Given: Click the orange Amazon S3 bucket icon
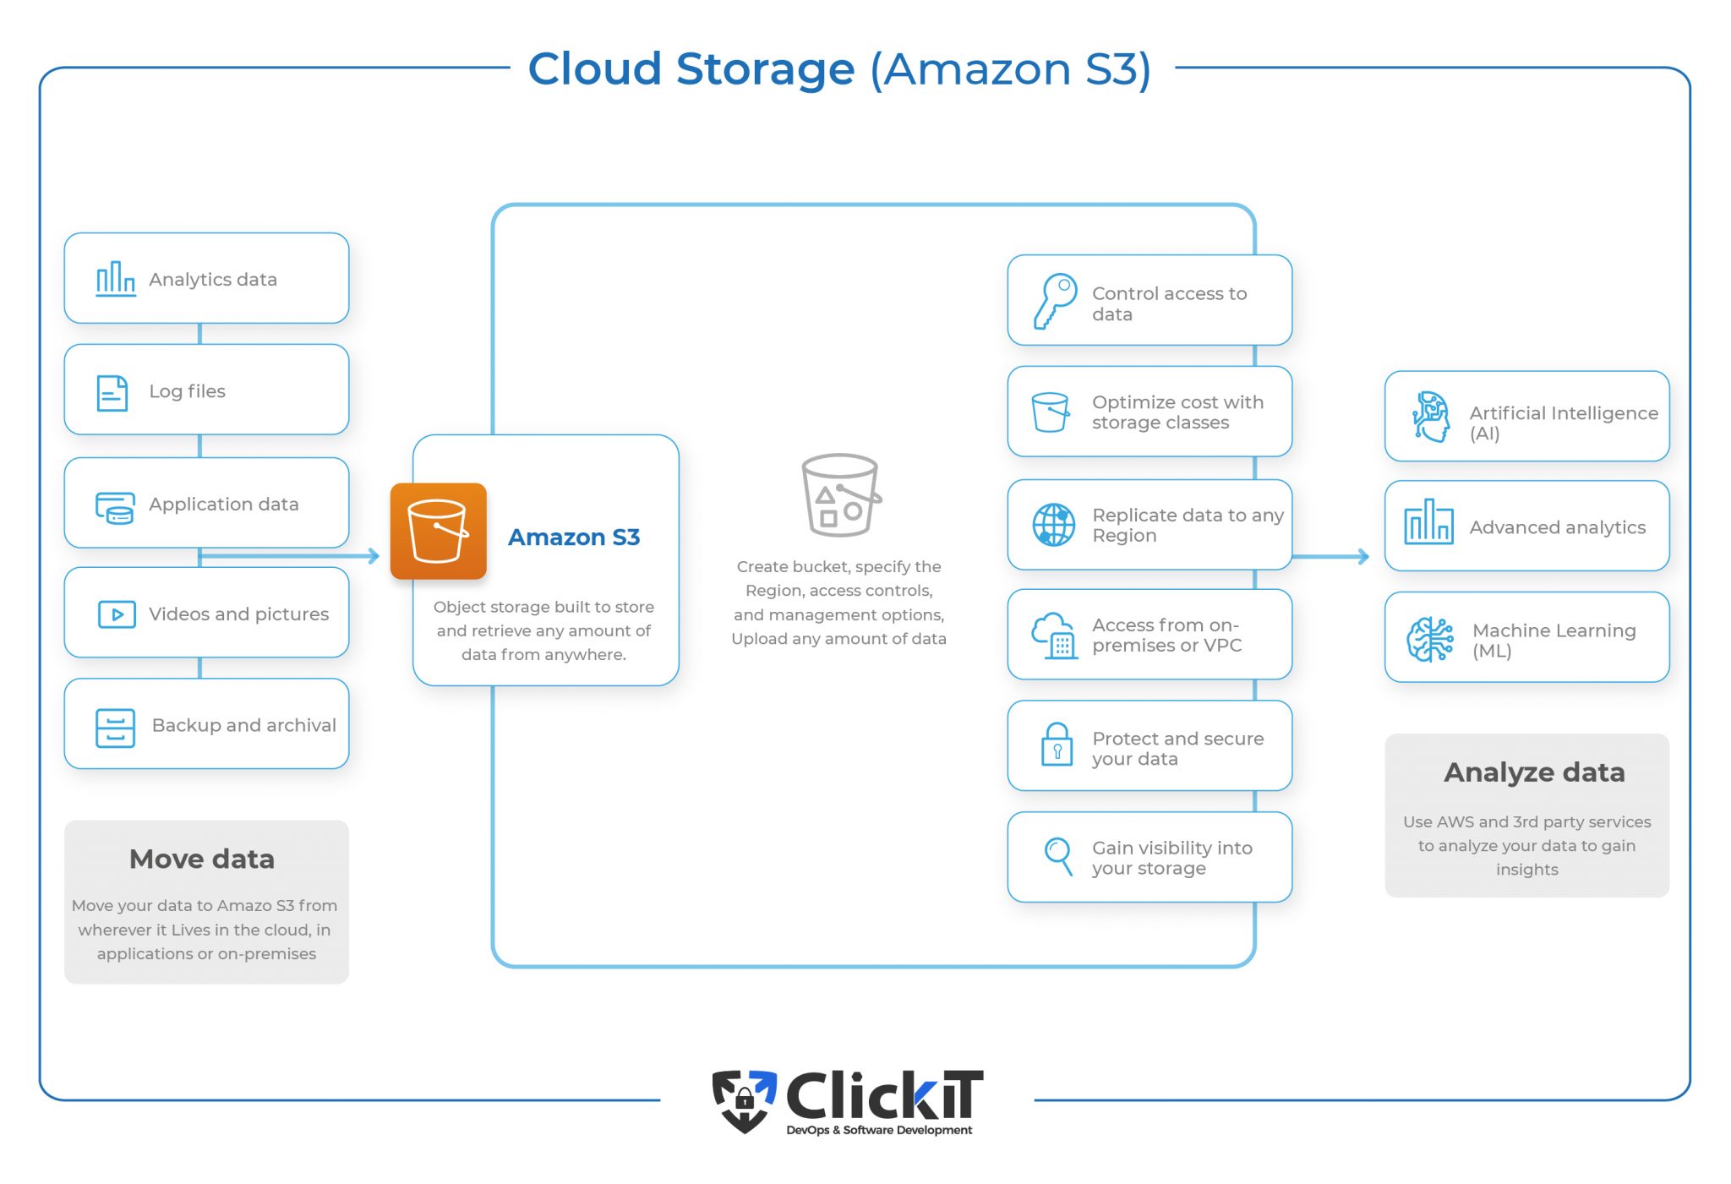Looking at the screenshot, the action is point(438,531).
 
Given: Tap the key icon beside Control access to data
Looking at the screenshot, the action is point(1055,301).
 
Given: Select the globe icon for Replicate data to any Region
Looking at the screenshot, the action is point(1053,525).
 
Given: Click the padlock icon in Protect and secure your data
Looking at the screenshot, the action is point(1057,745).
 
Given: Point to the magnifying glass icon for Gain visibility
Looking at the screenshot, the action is point(1058,856).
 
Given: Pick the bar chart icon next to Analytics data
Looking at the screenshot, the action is point(115,278).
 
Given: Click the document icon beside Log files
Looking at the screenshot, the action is point(112,393).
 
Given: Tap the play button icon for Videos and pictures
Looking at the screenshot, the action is point(117,614).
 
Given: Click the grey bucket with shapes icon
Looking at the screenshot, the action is point(840,495).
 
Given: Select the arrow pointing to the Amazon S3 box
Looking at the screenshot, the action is point(289,556).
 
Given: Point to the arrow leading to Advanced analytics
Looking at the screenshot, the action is point(1330,556).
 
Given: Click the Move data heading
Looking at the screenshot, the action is point(202,859).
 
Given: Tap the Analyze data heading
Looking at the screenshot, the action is point(1534,772).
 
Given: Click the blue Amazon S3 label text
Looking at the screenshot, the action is point(574,537).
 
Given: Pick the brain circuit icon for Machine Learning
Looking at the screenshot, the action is point(1430,639).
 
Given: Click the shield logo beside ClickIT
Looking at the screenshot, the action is point(744,1100).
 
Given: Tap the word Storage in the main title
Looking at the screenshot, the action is point(765,68).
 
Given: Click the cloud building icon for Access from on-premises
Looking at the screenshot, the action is point(1054,635).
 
